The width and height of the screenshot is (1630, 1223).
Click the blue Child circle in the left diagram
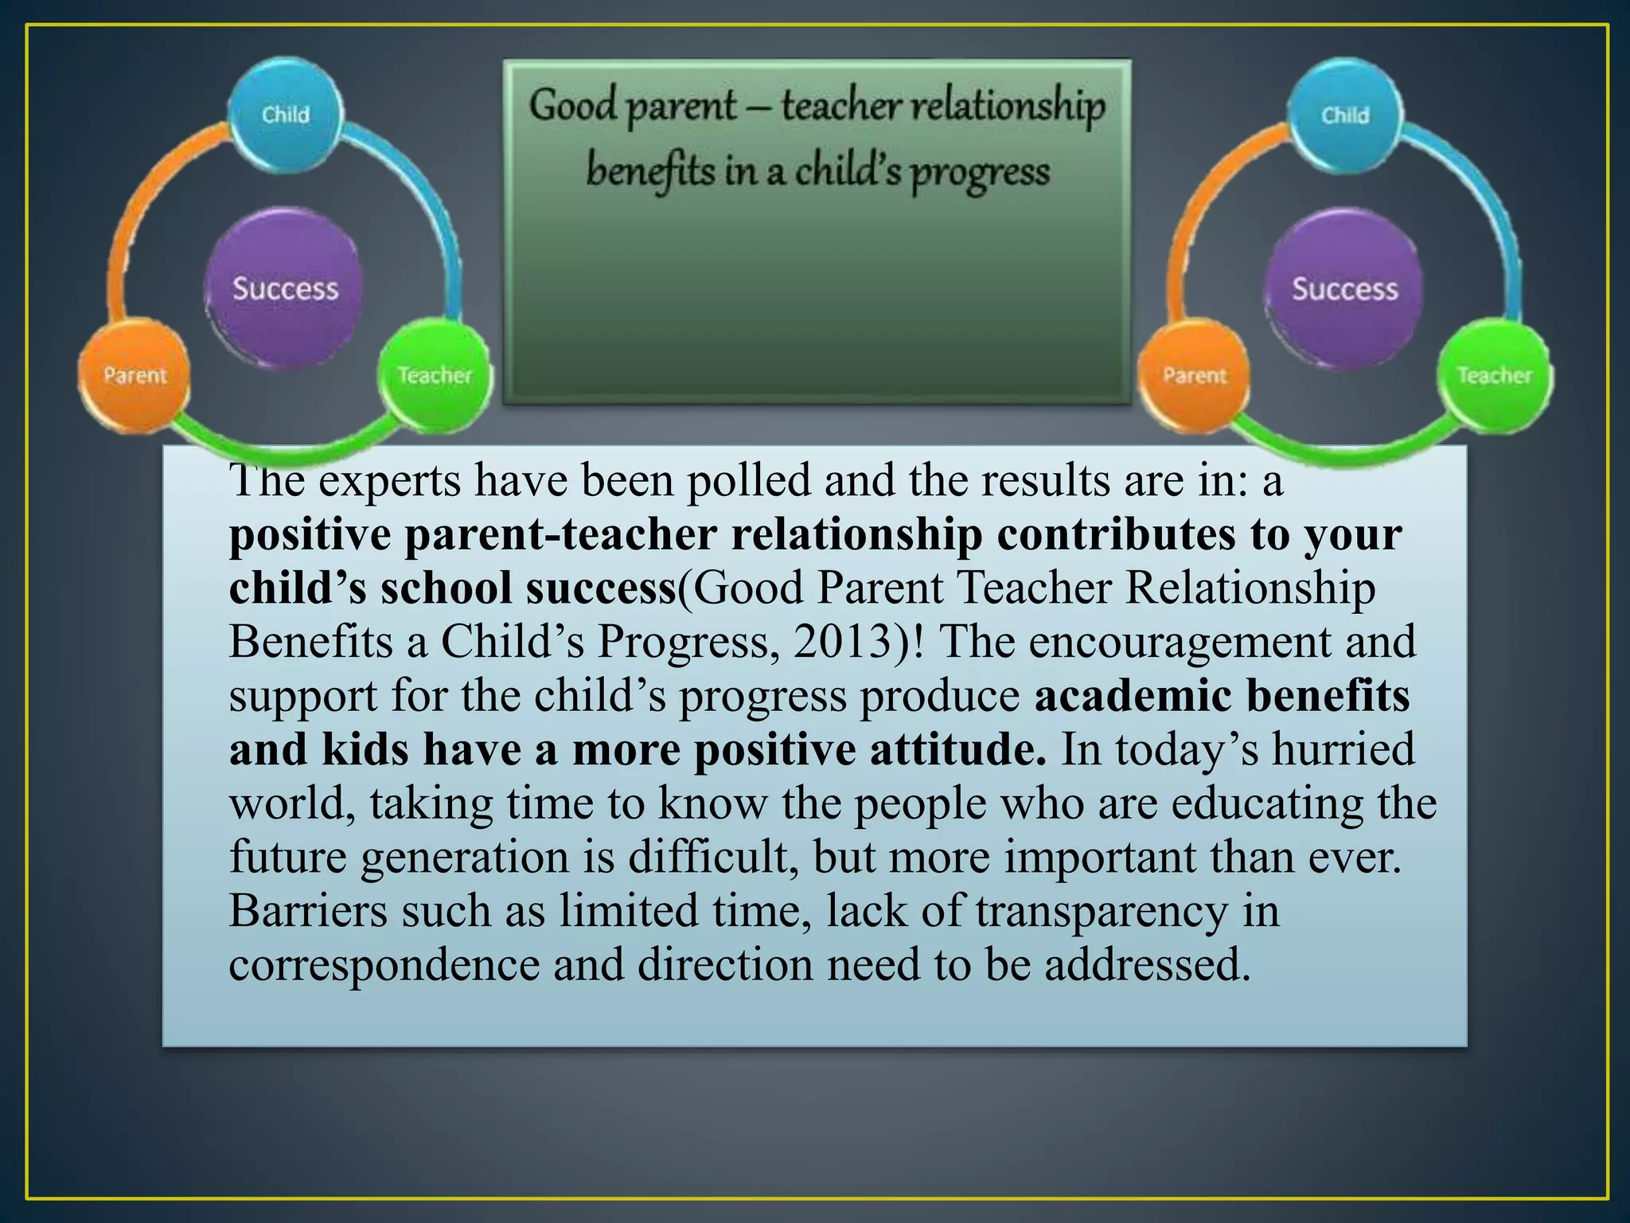286,115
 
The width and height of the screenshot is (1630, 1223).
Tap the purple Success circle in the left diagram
285,288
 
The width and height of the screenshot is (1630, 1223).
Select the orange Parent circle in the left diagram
135,375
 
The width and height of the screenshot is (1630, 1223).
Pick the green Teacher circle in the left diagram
435,375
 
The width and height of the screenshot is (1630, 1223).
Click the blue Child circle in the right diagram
1345,115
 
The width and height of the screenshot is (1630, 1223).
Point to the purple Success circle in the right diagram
1344,288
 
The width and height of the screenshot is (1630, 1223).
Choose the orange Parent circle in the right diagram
1194,375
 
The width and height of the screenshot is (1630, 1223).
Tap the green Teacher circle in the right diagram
1494,375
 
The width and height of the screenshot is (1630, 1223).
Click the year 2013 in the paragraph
844,642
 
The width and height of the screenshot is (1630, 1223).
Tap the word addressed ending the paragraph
1147,964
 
